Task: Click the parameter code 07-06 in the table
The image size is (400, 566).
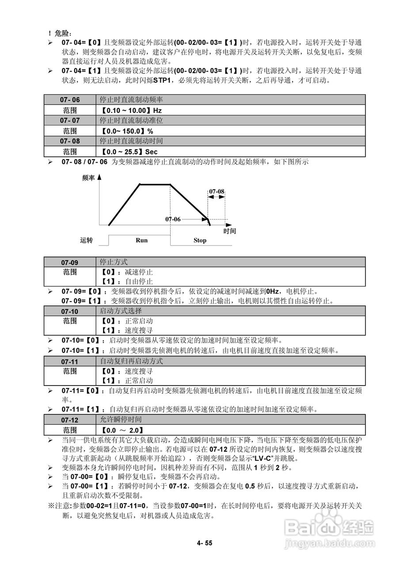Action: click(70, 99)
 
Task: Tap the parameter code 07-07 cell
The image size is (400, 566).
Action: click(70, 120)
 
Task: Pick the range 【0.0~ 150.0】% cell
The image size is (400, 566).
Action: click(127, 131)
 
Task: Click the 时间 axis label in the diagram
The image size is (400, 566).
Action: click(229, 231)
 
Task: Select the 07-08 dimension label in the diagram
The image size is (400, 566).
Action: click(217, 191)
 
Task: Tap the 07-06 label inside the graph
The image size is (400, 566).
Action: click(173, 219)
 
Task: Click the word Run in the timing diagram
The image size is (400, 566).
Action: click(141, 241)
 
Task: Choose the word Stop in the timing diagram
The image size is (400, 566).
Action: click(200, 241)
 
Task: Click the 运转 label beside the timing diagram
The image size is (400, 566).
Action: click(87, 241)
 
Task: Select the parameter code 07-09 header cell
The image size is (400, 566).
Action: click(70, 262)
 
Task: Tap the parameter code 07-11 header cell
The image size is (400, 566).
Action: click(70, 361)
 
